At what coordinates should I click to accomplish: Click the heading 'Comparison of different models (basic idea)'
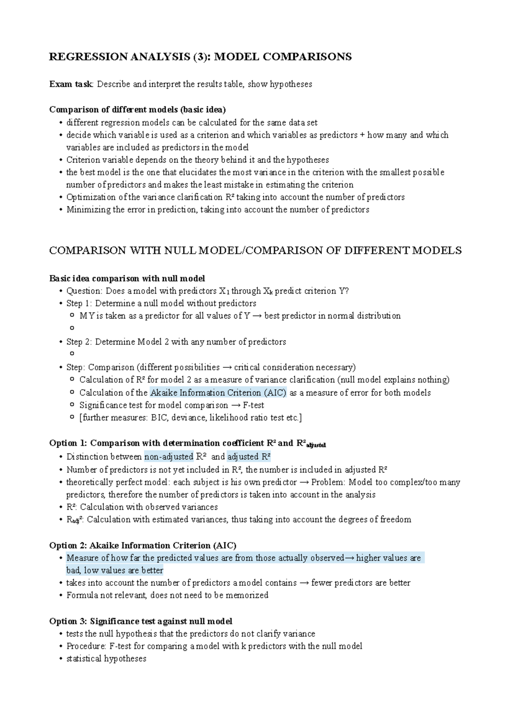[x=137, y=109]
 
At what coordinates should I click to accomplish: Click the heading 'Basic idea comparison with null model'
[x=127, y=279]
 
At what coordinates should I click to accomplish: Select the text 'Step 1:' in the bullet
[x=79, y=304]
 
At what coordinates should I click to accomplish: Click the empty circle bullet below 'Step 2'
[x=72, y=354]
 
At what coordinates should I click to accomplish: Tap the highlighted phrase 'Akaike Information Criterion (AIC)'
[x=218, y=393]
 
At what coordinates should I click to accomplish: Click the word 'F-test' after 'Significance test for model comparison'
[x=254, y=405]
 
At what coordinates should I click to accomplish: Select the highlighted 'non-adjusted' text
[x=169, y=457]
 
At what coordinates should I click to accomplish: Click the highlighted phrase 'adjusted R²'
[x=249, y=457]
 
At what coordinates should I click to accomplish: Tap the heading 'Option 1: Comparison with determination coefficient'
[x=157, y=443]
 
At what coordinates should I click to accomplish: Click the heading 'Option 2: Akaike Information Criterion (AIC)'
[x=142, y=546]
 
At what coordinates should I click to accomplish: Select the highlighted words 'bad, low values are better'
[x=115, y=571]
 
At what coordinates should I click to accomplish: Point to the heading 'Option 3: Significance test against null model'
[x=141, y=621]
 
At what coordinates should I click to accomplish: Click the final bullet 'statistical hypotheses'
[x=106, y=659]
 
